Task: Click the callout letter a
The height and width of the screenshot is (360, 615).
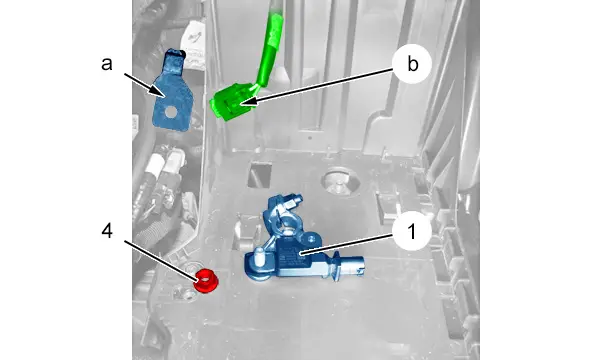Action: click(x=107, y=64)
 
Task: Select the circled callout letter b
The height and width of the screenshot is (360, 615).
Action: click(x=412, y=64)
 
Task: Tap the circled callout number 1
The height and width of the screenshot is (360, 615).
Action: click(x=412, y=231)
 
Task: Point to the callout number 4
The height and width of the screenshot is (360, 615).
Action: click(x=107, y=231)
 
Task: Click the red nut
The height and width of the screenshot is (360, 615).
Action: click(x=207, y=280)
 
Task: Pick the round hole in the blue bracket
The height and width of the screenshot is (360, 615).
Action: click(x=171, y=112)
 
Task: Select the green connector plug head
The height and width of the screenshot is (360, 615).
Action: click(x=231, y=102)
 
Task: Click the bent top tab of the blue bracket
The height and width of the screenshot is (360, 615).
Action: click(x=173, y=61)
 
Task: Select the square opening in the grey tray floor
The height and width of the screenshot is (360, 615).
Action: click(x=260, y=176)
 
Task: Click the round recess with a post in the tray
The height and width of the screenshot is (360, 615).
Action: click(x=340, y=181)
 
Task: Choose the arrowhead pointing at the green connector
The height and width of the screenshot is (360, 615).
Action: click(x=248, y=102)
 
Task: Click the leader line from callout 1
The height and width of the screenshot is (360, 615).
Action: click(x=346, y=244)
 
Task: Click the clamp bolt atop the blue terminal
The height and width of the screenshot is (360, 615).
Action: click(x=292, y=201)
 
